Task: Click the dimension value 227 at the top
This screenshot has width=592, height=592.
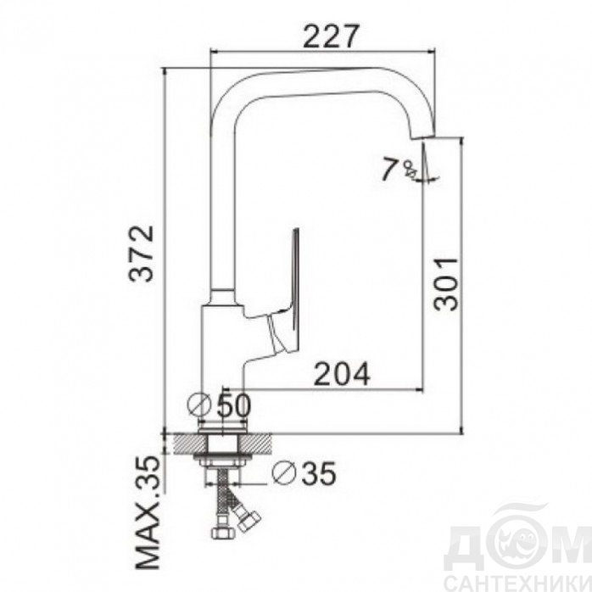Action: [330, 36]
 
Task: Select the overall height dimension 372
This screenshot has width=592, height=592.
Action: [142, 254]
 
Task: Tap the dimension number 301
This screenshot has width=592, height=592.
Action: [446, 284]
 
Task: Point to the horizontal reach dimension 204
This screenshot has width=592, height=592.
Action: [342, 374]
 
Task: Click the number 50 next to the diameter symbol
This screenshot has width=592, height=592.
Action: [234, 405]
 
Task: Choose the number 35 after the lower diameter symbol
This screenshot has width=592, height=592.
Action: [319, 473]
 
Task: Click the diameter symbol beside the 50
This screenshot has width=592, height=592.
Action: [199, 405]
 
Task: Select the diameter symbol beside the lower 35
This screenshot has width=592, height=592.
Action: [284, 472]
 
